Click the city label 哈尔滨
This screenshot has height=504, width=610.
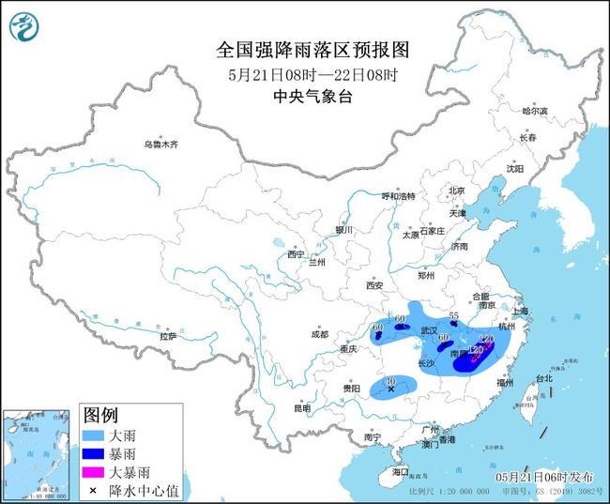tap(533, 111)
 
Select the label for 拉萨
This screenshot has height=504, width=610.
tap(168, 335)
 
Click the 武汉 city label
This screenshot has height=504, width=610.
tap(430, 331)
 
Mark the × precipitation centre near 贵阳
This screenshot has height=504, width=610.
tap(390, 389)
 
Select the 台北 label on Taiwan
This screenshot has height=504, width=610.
tap(543, 378)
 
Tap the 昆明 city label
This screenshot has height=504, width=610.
tap(300, 408)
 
